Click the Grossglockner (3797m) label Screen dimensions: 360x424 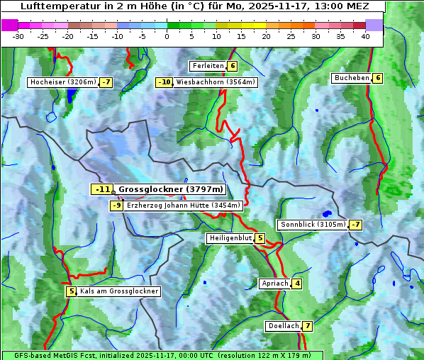click(x=170, y=189)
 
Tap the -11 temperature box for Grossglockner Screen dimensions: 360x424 click(x=102, y=189)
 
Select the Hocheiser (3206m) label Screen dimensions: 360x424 click(x=62, y=82)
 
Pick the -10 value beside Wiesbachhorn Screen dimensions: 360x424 click(x=164, y=82)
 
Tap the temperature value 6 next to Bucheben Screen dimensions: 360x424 click(x=378, y=78)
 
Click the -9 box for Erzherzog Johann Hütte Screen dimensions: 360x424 click(x=117, y=206)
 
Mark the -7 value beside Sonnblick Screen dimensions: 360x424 click(x=355, y=225)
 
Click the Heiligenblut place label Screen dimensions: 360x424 click(x=230, y=238)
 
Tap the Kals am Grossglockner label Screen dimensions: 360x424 click(x=118, y=291)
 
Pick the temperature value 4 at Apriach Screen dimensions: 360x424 click(x=296, y=283)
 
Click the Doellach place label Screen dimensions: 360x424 click(x=283, y=326)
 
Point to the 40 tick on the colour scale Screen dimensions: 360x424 click(x=365, y=36)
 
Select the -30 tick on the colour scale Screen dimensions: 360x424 click(x=18, y=36)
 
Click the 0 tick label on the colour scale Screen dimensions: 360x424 click(x=167, y=36)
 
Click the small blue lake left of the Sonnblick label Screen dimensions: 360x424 click(x=326, y=213)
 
